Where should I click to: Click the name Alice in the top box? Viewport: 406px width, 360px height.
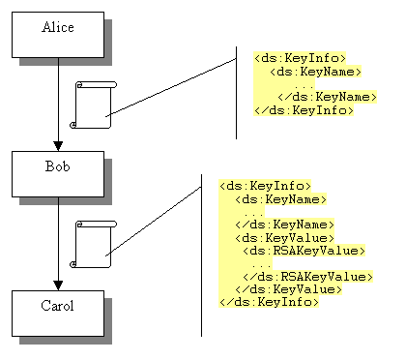pos(58,26)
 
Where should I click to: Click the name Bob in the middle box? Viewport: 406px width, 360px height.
pos(58,165)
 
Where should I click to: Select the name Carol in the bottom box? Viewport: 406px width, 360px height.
pos(58,306)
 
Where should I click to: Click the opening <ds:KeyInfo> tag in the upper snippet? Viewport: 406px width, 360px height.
pos(300,58)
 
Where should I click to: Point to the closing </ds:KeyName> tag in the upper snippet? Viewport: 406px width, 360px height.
pos(327,97)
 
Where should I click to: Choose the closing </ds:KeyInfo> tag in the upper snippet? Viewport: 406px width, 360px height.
pos(303,109)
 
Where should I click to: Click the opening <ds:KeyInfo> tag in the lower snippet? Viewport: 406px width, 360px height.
pos(265,185)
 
